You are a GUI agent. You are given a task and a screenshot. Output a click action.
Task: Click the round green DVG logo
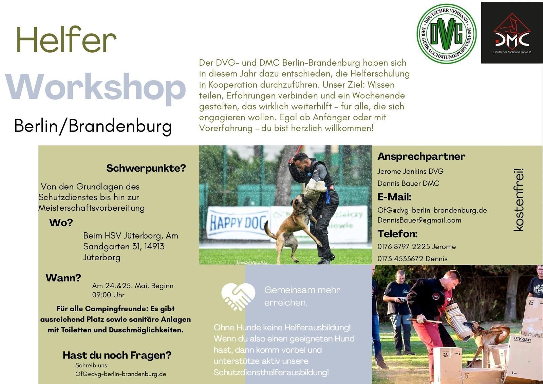pyautogui.click(x=446, y=34)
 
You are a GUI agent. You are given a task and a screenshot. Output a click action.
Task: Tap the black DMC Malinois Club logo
pyautogui.click(x=512, y=33)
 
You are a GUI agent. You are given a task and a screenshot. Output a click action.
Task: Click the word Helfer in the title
pyautogui.click(x=66, y=39)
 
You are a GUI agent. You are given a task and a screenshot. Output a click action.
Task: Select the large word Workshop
pyautogui.click(x=95, y=88)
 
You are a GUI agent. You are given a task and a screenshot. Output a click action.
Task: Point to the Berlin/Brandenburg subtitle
pyautogui.click(x=93, y=126)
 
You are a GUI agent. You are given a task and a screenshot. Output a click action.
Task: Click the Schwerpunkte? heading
pyautogui.click(x=146, y=168)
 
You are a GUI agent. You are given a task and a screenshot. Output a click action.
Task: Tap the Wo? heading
pyautogui.click(x=61, y=223)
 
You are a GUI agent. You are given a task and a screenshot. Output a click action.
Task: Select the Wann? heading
pyautogui.click(x=63, y=278)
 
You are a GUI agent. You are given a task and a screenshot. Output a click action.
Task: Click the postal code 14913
pyautogui.click(x=154, y=246)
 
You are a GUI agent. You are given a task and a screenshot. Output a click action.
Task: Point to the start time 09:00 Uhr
pyautogui.click(x=108, y=295)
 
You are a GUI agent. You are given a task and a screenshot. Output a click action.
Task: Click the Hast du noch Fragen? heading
pyautogui.click(x=117, y=355)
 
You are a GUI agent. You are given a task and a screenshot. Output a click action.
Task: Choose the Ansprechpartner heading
pyautogui.click(x=421, y=157)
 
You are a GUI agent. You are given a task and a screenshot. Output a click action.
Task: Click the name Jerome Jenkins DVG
pyautogui.click(x=410, y=171)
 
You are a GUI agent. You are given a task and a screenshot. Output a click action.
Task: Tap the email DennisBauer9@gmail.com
pyautogui.click(x=419, y=220)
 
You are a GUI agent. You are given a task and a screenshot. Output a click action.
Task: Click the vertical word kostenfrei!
pyautogui.click(x=519, y=199)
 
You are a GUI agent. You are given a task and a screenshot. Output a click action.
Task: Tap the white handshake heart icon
pyautogui.click(x=238, y=297)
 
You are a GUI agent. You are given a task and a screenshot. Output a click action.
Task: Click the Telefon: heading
pyautogui.click(x=397, y=234)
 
